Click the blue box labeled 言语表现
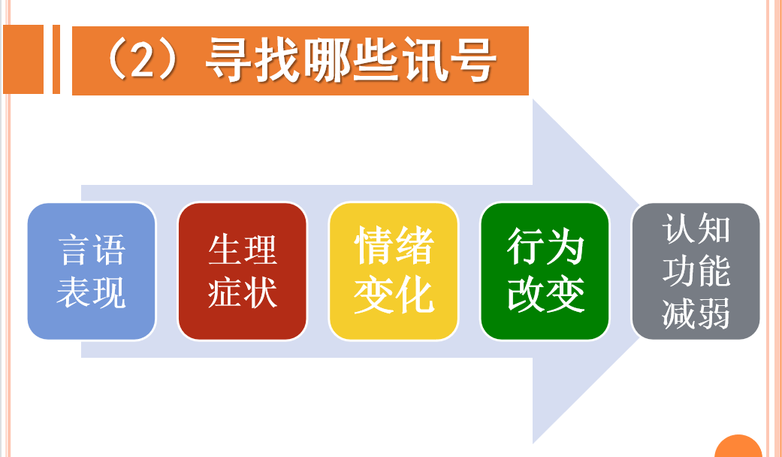click(x=92, y=271)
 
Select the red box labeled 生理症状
click(x=243, y=271)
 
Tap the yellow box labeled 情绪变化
click(x=394, y=271)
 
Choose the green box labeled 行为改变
click(x=545, y=271)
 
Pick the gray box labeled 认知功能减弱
click(x=696, y=271)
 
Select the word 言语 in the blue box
click(x=92, y=250)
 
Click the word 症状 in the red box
click(x=243, y=292)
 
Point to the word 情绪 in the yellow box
click(x=394, y=245)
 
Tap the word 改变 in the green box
click(x=545, y=294)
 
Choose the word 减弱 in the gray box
click(x=696, y=313)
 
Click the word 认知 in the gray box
click(x=696, y=228)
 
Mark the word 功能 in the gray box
click(x=696, y=271)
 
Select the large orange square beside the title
click(x=23, y=59)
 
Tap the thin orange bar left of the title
click(x=56, y=59)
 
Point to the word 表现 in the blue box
click(x=91, y=292)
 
